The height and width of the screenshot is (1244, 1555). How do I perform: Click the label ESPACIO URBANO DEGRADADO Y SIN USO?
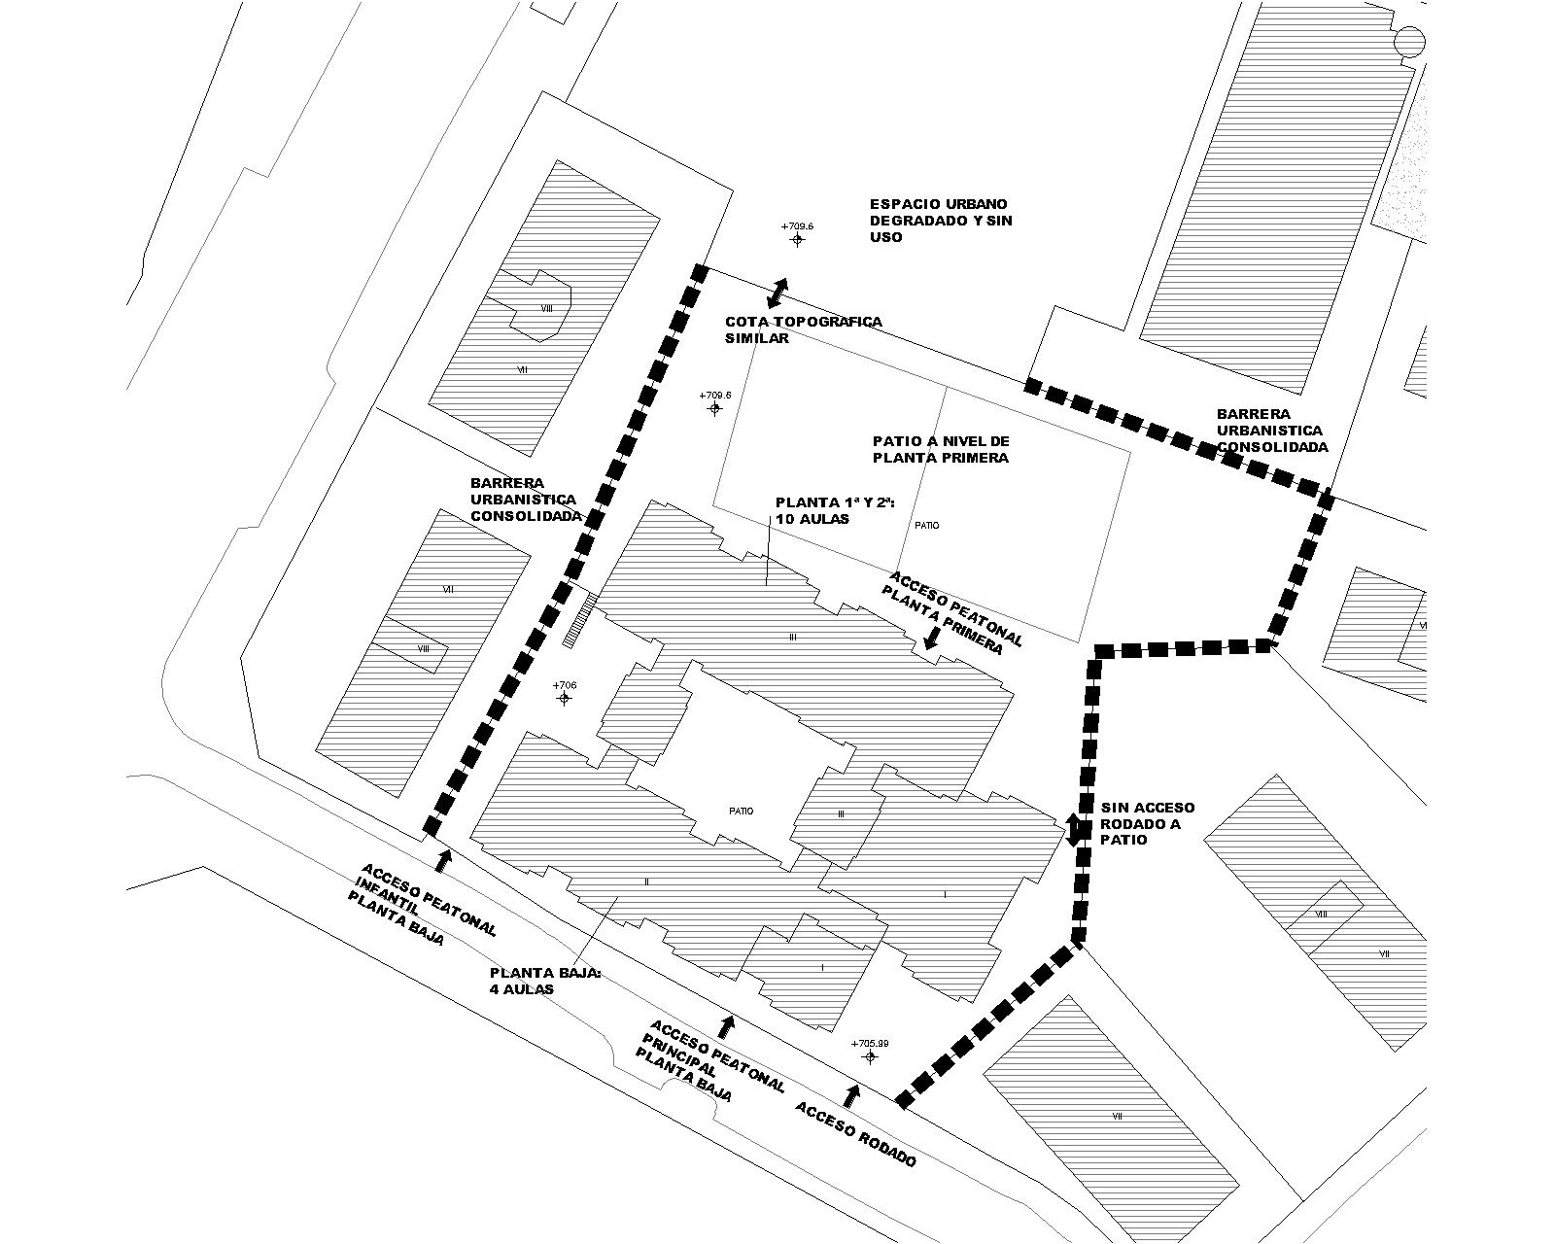pos(940,221)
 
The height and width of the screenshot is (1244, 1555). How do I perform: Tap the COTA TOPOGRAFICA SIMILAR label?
pos(803,330)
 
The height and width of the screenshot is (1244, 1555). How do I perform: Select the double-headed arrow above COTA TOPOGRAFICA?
pos(780,290)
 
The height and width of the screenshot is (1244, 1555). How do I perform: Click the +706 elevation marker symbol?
pos(564,698)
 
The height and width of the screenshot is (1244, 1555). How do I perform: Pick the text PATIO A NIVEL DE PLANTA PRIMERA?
pos(941,449)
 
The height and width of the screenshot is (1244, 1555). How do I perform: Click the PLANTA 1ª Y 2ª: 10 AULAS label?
pos(835,511)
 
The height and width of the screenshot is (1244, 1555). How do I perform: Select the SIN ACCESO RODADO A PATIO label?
pos(1148,823)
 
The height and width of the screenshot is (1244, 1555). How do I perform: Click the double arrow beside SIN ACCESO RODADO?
pos(1074,829)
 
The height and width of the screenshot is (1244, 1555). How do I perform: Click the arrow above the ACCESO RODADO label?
pos(852,1094)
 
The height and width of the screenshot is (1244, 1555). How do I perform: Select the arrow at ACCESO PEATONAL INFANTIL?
pos(443,859)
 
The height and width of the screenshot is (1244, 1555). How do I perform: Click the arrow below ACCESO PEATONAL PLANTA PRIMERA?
pos(931,639)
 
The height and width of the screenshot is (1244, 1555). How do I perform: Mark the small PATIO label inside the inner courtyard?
pos(741,812)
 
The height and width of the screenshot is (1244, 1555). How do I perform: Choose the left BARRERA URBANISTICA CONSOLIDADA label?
pos(525,500)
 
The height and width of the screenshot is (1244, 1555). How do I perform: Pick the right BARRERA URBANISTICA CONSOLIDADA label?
pos(1272,431)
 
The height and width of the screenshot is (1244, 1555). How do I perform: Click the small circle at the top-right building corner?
pos(1409,41)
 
